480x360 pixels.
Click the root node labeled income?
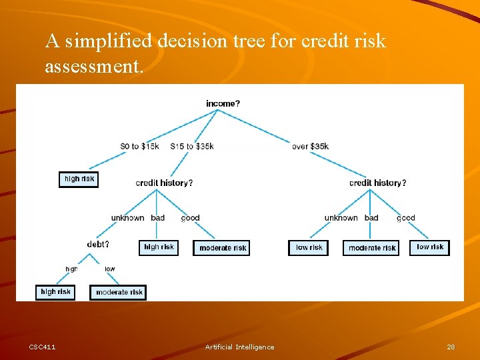223,103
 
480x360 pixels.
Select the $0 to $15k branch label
139,147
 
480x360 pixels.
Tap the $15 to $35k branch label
192,147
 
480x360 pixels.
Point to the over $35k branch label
310,147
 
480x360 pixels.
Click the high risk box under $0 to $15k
79,179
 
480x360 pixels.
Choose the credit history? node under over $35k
377,183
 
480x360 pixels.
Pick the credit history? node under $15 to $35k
164,183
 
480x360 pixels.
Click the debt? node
98,244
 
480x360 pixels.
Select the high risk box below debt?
55,292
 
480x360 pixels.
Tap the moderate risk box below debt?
118,292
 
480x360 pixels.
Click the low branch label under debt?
109,269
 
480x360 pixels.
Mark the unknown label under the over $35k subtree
341,218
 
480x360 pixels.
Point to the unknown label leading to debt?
127,218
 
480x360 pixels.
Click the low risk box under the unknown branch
309,247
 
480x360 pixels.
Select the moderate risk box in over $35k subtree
372,248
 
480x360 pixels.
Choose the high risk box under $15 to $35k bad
159,247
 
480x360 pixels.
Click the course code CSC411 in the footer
43,347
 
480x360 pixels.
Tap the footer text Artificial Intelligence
239,347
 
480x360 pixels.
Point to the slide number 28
451,347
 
